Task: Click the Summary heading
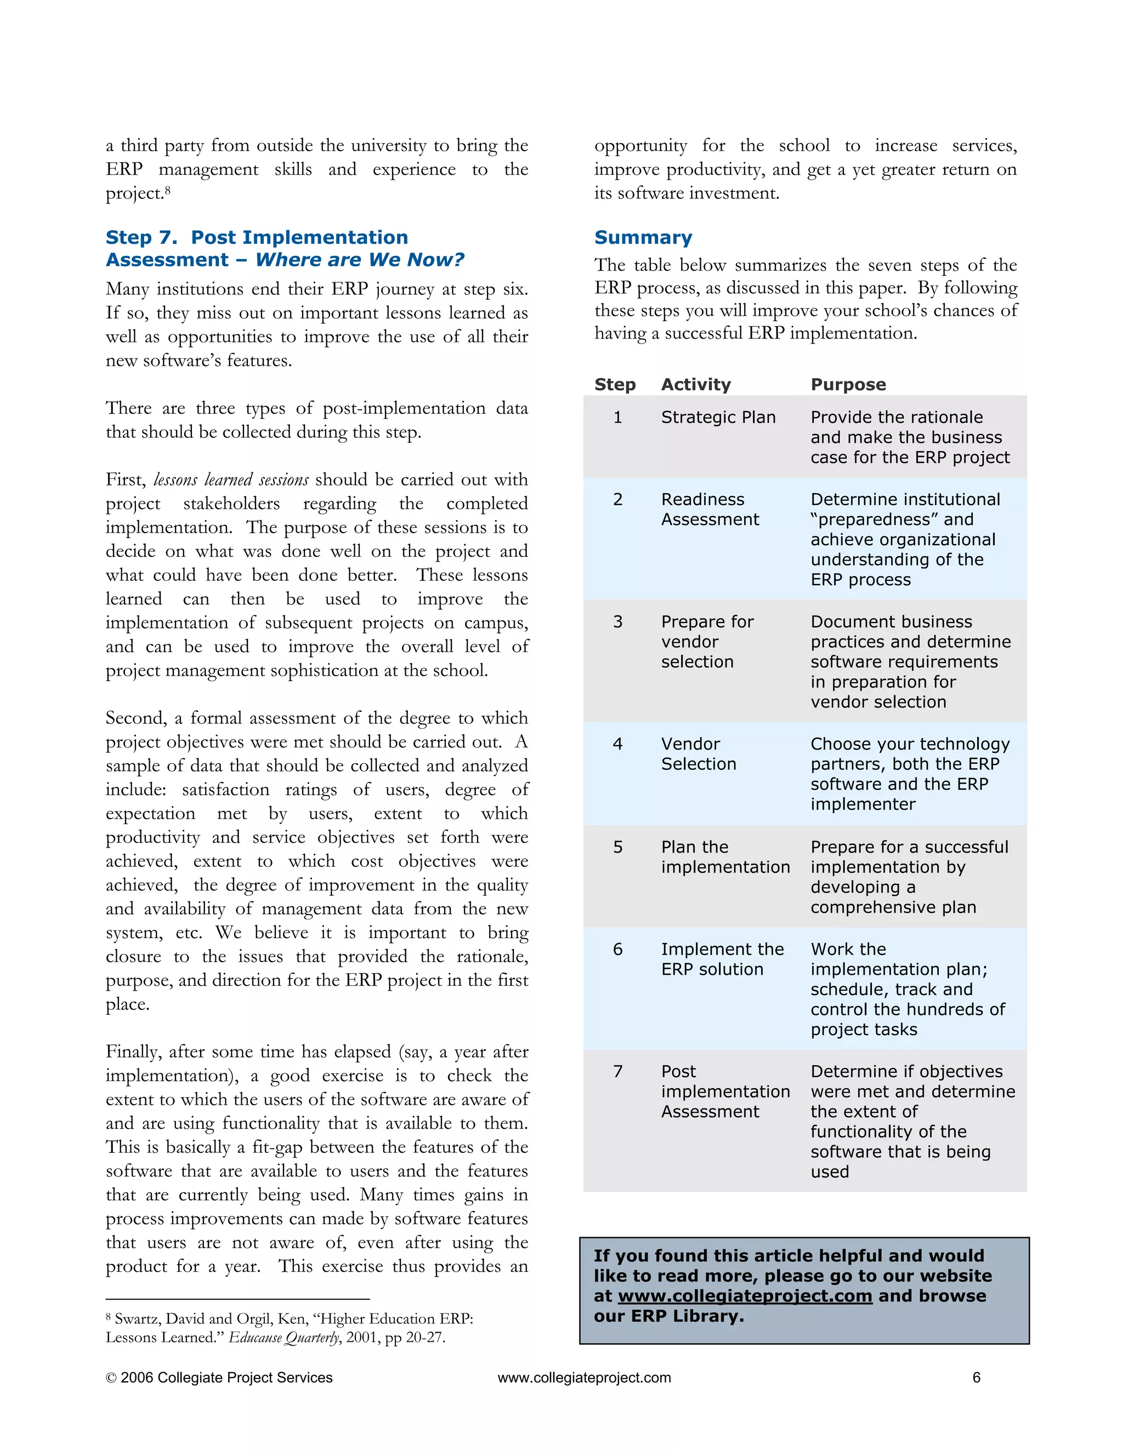[643, 237]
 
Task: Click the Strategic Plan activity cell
[718, 417]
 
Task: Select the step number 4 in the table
[617, 744]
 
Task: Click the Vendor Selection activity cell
[698, 754]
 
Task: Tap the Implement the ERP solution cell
[722, 959]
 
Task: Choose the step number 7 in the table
[617, 1071]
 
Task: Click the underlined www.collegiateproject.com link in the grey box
[745, 1296]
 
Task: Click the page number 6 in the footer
[976, 1377]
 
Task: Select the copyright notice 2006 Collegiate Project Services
[219, 1377]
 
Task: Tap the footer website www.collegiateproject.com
[584, 1377]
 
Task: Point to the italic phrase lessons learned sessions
[231, 479]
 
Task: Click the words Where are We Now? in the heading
[359, 259]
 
